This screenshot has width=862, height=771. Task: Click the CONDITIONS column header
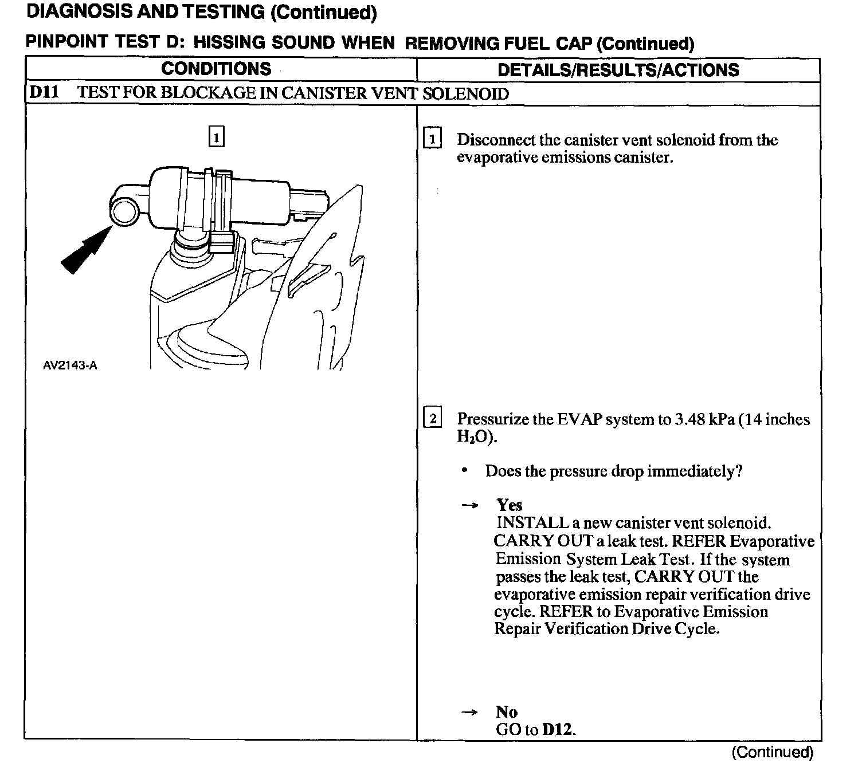tap(216, 69)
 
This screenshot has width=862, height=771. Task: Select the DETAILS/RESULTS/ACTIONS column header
tap(618, 70)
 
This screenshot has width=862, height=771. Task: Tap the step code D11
tap(44, 93)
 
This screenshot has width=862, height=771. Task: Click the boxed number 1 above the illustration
tap(216, 137)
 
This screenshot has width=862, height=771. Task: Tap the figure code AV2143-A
tap(70, 365)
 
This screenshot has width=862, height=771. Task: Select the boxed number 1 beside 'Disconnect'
tap(432, 139)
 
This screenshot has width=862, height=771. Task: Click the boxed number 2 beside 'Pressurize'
tap(432, 419)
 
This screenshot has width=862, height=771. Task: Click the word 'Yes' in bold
tap(509, 505)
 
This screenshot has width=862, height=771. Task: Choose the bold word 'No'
tap(507, 712)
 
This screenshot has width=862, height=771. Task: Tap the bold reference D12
tap(558, 730)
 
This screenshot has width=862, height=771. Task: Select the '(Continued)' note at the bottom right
tap(772, 752)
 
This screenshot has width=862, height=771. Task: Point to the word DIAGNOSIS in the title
tap(79, 11)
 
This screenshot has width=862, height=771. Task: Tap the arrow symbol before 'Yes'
tap(470, 506)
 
